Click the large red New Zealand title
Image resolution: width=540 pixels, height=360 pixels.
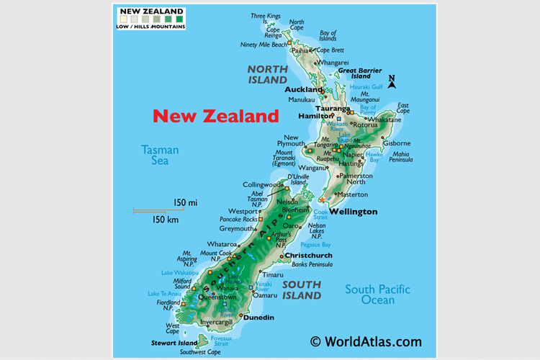pos(216,116)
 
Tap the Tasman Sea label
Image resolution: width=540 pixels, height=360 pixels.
pos(159,156)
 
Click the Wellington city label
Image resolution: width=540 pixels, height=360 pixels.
pos(353,212)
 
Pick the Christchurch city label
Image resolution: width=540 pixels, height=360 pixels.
pos(308,256)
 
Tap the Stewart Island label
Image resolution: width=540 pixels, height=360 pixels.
pos(173,343)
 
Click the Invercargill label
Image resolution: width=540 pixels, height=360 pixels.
pos(216,322)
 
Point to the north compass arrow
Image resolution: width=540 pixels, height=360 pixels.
pos(392,81)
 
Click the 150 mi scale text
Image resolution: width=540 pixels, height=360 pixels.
pos(184,204)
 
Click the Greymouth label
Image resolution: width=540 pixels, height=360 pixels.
pos(237,228)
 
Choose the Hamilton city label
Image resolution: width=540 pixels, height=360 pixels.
pos(314,115)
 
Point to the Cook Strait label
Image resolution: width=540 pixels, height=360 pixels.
pos(320,214)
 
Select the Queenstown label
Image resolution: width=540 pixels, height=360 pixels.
pos(217,297)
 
